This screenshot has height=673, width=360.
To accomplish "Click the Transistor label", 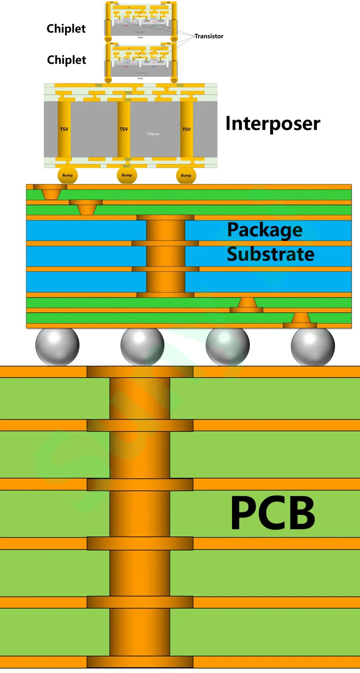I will coord(209,36).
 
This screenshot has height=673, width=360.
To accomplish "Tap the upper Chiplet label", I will coord(66,29).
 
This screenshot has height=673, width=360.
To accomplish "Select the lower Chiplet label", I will coord(66,60).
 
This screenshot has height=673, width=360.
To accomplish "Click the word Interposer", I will coord(273,123).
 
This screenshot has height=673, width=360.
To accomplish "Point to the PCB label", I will coord(273,513).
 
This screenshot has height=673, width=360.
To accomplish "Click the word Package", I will coord(265,230).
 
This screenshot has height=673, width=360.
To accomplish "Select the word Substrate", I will coord(270,254).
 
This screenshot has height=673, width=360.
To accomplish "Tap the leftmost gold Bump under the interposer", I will coord(67,175).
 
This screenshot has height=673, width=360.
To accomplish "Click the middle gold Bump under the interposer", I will coord(127,175).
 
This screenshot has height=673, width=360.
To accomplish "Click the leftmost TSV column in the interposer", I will coord(64,129).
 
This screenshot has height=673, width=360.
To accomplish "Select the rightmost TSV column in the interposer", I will coord(186,129).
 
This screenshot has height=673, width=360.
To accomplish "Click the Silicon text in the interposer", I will coord(153,134).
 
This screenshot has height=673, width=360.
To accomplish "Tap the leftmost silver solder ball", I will coord(57,346).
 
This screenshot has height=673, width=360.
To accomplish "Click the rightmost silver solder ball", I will coord(313,346).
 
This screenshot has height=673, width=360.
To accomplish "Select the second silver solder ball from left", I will coord(142,346).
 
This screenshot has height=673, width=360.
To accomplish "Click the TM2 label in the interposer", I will coord(128,93).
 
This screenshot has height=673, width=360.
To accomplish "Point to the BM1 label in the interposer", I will coord(128,159).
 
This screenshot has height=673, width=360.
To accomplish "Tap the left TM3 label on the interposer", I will coord(99,86).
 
